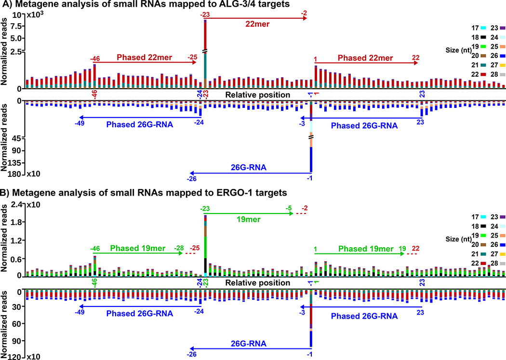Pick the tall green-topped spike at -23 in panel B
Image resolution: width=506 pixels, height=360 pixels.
206,246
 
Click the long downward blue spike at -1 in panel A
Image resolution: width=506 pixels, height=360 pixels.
311,159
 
